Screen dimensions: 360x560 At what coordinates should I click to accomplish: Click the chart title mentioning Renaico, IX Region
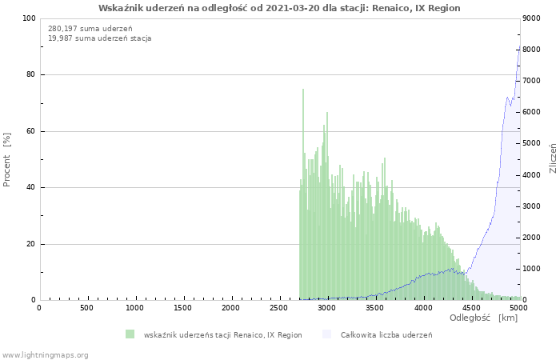point(279,8)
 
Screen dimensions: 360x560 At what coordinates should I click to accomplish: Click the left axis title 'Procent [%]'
point(7,159)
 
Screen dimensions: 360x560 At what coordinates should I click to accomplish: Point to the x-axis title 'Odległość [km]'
point(483,318)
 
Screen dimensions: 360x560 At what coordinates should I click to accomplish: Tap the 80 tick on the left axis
point(31,75)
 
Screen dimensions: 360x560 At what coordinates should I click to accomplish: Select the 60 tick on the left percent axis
point(31,131)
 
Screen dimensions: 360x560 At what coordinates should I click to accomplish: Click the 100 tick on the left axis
point(29,18)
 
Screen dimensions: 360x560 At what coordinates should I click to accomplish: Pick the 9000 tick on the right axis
point(534,18)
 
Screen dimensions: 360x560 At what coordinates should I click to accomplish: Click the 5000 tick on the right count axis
point(534,144)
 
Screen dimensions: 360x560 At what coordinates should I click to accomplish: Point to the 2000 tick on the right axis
point(534,238)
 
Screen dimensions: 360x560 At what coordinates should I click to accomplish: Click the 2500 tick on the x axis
point(279,308)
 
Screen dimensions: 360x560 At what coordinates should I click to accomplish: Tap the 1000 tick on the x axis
point(135,308)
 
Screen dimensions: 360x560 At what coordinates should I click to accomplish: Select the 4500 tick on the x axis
point(471,308)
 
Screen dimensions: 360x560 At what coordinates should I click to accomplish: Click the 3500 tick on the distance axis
point(375,308)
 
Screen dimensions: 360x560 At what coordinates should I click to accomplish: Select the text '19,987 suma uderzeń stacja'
point(100,38)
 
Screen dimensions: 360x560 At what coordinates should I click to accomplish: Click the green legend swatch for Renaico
point(130,334)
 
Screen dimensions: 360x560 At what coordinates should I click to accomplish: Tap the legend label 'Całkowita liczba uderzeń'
point(386,334)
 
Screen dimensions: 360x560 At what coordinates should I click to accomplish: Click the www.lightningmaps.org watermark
point(46,354)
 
